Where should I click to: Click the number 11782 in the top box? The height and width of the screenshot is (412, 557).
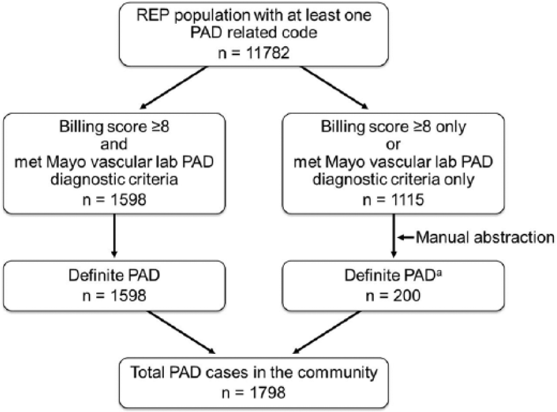pos(268,53)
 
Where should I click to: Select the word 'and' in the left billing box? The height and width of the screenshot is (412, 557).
pos(114,144)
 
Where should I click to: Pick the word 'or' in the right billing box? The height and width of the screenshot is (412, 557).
pos(393,145)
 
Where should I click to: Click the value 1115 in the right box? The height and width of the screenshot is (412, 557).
pos(408,199)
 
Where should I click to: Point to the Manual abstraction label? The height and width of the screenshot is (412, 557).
pos(485,237)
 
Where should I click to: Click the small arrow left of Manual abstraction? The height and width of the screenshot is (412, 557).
pos(405,237)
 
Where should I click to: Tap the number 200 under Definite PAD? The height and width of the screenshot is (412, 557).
pos(407,296)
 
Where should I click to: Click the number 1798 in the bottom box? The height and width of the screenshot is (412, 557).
pos(268,393)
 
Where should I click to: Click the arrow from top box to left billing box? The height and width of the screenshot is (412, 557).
pos(173,88)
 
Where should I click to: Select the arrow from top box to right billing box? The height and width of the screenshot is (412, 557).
pos(334,88)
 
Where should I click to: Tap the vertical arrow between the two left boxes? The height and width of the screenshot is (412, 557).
pos(114,235)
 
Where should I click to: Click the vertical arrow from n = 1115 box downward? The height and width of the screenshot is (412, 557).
pos(393,235)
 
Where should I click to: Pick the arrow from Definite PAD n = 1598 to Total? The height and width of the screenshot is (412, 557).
pos(181,333)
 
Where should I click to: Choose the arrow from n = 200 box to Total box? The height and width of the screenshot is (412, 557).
pos(326,333)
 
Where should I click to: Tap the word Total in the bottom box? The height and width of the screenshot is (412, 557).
pos(148,372)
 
